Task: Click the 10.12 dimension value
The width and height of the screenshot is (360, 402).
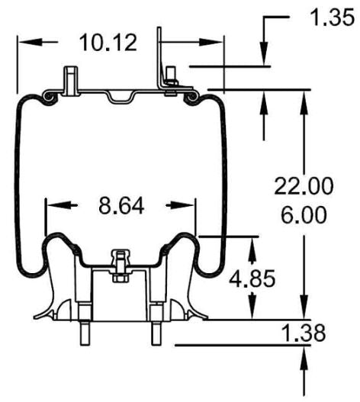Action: tap(108, 43)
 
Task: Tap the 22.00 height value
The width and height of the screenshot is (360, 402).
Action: tap(304, 185)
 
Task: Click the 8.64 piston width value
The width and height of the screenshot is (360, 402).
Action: tap(123, 205)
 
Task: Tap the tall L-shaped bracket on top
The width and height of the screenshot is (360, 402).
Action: tap(160, 61)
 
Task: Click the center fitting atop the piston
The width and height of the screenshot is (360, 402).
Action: tap(119, 264)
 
